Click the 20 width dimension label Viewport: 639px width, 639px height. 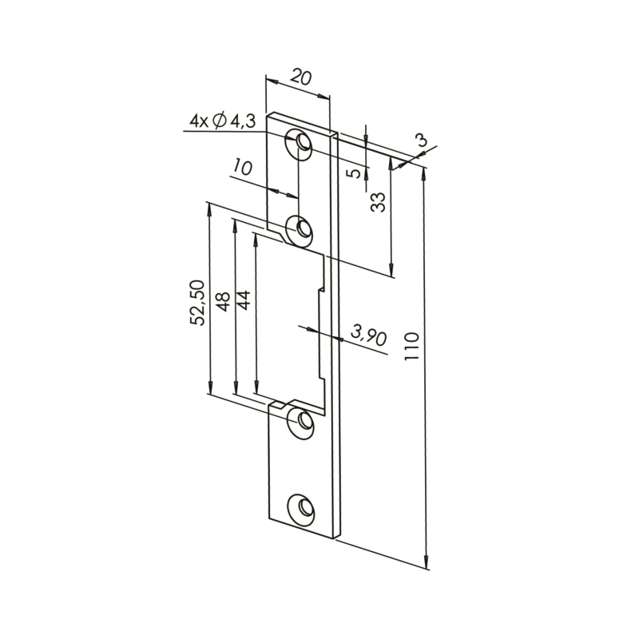point(302,77)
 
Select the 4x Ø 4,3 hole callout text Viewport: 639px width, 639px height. point(222,121)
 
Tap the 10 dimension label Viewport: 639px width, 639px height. point(244,168)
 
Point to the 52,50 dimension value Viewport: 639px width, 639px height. point(197,303)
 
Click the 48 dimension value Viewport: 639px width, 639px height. point(224,302)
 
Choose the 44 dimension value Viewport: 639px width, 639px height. point(244,300)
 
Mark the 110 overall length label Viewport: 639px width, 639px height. point(411,346)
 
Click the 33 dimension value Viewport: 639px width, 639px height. point(378,202)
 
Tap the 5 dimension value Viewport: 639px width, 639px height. point(355,173)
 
